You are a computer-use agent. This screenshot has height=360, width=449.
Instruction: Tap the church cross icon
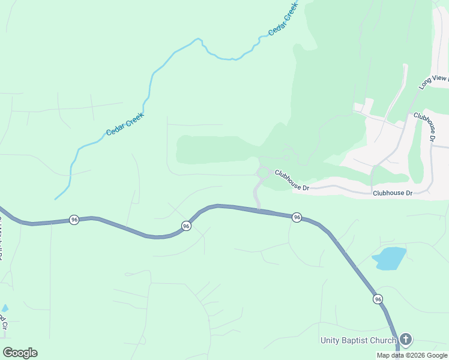tap(406, 340)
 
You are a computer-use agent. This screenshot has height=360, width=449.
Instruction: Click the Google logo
tap(20, 353)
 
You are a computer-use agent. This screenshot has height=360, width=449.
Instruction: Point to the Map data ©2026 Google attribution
tap(412, 355)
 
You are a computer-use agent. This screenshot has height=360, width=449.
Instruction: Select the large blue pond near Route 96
tap(389, 259)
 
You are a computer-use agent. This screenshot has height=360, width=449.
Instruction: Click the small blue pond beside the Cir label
tap(5, 308)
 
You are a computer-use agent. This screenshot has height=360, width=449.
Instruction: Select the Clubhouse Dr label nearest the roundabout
tap(292, 180)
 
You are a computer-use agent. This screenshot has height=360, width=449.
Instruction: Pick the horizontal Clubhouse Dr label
tap(393, 193)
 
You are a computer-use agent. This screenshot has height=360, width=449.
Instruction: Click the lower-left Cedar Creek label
tap(125, 124)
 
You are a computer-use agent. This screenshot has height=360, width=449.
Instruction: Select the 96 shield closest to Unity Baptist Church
tap(377, 299)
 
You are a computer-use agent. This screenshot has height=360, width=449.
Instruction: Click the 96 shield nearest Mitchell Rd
tap(74, 220)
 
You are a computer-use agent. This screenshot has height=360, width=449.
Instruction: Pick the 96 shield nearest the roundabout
tap(297, 217)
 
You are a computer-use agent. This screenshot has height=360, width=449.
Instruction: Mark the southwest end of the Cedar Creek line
tap(55, 199)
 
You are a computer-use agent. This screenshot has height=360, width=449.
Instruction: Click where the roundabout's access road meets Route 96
tap(259, 209)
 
